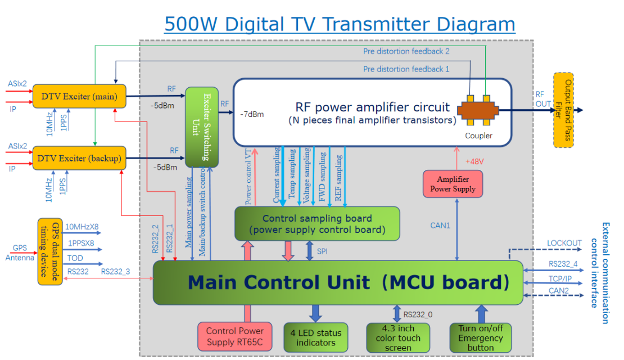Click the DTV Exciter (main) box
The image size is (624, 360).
pos(79,96)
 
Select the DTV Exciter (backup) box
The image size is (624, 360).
pos(79,158)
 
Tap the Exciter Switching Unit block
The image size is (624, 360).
pos(202,127)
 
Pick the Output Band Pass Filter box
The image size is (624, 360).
pos(563,110)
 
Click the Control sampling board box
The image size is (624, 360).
pos(316,224)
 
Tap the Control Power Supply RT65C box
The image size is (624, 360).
pos(235,336)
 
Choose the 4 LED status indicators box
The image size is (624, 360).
pos(315,337)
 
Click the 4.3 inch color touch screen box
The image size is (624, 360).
pos(397,338)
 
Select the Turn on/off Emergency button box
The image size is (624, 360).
pos(480,337)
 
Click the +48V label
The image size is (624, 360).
pos(474,161)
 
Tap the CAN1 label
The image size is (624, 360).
pos(441,226)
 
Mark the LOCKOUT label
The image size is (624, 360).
pos(564,243)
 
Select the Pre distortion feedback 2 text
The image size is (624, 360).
pos(406,51)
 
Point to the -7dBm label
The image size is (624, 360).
pos(251,114)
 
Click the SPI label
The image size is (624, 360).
pos(322,251)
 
